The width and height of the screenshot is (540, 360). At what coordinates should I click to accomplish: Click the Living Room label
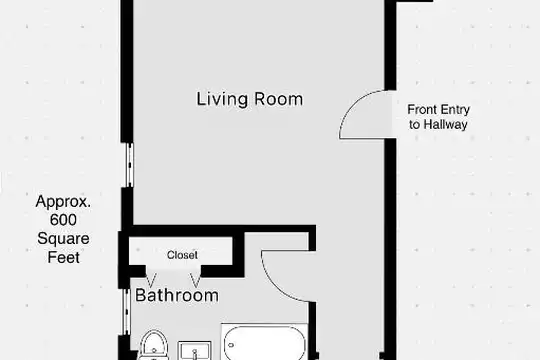tap(250, 99)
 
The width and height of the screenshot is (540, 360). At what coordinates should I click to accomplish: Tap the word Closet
tap(182, 255)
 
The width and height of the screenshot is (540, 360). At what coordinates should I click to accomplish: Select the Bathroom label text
tap(177, 295)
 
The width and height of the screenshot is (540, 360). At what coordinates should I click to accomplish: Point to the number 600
tap(63, 220)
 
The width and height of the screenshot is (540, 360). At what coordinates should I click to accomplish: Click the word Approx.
tap(63, 202)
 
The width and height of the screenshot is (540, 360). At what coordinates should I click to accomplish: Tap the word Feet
tap(63, 257)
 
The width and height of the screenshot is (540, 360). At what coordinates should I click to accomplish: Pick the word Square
tap(63, 239)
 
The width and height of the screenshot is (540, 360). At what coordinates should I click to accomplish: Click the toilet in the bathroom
tap(155, 345)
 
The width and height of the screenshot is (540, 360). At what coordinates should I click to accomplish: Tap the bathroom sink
tap(195, 351)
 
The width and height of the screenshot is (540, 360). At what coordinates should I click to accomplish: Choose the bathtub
tap(264, 342)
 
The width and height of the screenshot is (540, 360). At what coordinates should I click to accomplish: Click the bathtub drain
tap(231, 344)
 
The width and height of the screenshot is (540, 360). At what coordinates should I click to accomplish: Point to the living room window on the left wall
tap(129, 165)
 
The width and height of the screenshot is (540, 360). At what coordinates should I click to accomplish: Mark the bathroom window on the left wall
tap(127, 312)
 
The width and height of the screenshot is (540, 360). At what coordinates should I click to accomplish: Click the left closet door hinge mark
tap(151, 280)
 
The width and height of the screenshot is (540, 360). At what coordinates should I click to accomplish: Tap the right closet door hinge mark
tap(195, 280)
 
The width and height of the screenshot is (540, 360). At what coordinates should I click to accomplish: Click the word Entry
tap(454, 110)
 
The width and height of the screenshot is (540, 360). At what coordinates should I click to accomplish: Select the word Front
tap(421, 109)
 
